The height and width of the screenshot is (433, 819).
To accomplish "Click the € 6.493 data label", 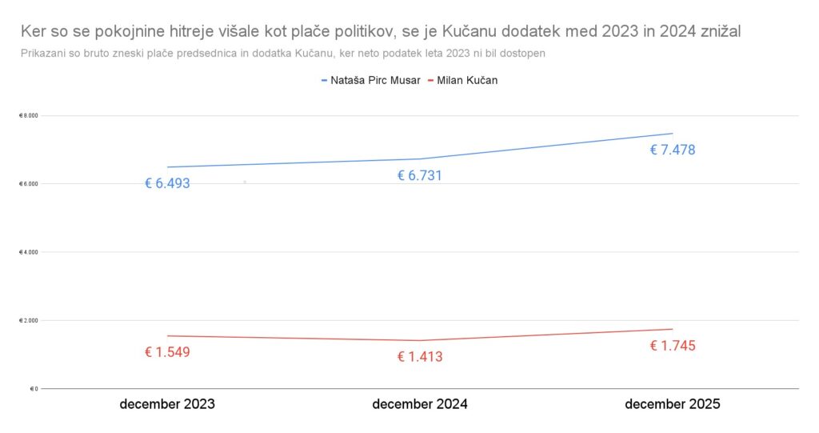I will pos(167,183).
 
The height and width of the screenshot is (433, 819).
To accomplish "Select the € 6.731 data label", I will pos(419,176).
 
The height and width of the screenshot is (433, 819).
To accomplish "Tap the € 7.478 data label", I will pos(672,150).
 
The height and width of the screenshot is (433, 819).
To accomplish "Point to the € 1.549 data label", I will pos(167,352).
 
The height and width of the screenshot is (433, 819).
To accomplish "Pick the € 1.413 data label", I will pos(419,357).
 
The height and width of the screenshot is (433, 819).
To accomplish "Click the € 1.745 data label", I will pos(672,346).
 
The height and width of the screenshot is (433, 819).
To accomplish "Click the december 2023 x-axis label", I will pos(167,404).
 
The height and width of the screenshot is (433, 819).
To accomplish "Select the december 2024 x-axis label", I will pos(420,404).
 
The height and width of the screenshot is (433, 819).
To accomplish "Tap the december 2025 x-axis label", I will pos(672,404).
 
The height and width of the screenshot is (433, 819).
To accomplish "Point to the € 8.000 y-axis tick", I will pos(29,116).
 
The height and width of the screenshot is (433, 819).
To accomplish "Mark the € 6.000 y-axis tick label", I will pos(29,184).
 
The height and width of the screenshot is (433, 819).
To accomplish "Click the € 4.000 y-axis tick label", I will pos(29,252).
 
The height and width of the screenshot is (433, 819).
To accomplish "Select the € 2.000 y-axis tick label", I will pos(29,320).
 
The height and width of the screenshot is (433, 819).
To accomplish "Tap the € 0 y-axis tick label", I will pos(33,389).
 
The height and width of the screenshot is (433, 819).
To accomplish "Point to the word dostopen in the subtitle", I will pos(523,53).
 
